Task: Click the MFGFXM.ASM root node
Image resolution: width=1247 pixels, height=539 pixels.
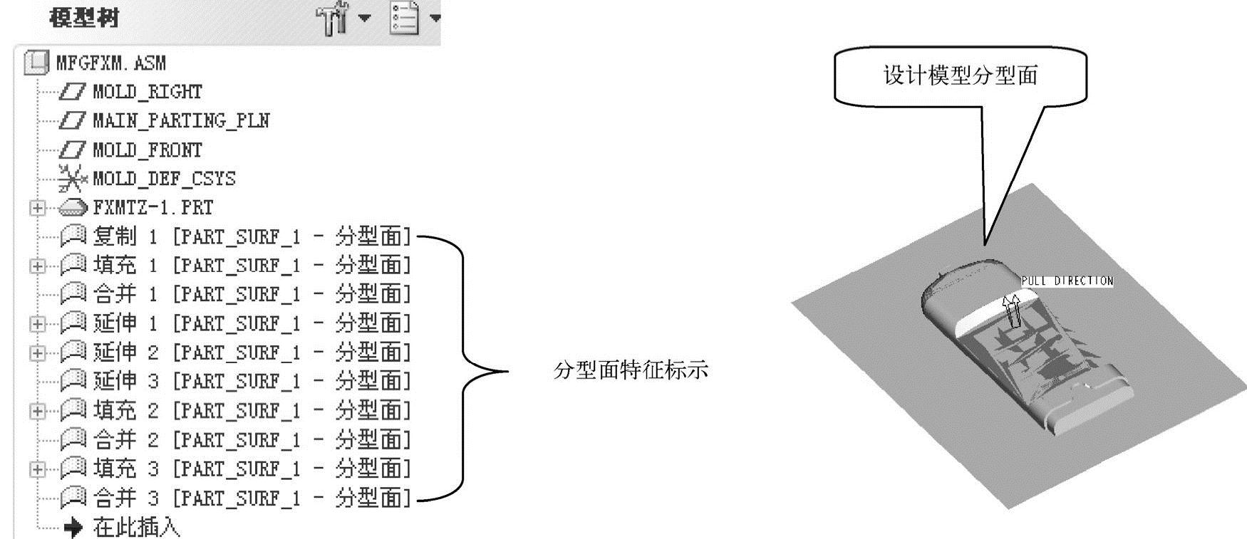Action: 110,63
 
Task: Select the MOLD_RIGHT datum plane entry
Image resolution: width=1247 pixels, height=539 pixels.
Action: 147,92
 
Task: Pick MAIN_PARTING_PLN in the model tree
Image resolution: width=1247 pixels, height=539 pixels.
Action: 181,120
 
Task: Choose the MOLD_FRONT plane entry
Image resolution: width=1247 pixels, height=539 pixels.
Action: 147,150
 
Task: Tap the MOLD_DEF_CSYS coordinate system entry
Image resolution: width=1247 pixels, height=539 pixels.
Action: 164,179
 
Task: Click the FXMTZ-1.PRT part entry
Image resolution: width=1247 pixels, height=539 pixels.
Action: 152,208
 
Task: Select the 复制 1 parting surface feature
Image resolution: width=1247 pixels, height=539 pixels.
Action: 252,236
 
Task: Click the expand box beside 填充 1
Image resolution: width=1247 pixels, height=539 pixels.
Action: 37,266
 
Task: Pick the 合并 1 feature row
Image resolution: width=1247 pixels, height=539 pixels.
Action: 252,294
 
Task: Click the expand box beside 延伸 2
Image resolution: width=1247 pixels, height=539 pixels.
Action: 37,353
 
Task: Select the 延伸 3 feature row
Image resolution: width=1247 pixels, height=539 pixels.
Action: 252,382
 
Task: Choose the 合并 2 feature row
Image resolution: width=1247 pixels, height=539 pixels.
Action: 252,440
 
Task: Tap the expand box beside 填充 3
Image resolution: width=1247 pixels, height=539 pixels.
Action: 37,470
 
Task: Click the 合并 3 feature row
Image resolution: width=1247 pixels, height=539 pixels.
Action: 252,498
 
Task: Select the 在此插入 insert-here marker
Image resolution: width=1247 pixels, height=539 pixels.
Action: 136,528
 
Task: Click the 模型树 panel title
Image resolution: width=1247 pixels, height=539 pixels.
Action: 84,18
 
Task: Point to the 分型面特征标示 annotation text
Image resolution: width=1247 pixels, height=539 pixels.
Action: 631,370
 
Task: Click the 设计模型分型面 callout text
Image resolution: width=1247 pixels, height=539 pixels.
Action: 960,76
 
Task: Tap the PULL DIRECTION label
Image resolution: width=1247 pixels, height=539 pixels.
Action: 1067,281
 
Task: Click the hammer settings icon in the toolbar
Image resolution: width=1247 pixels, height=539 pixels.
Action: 332,19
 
